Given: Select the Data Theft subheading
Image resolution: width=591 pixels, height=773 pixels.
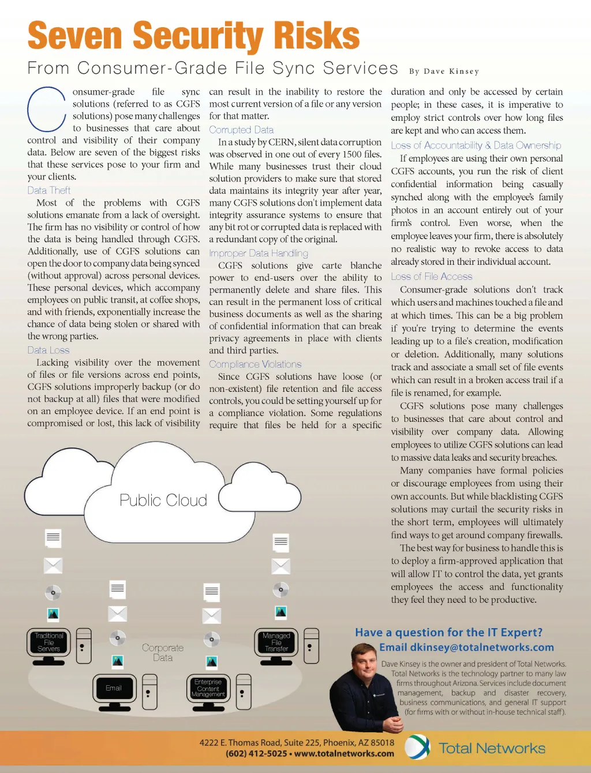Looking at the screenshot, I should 49,191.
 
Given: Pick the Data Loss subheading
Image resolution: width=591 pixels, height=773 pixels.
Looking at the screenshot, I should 48,350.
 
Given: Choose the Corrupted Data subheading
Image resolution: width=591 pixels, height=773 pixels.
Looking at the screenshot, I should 241,130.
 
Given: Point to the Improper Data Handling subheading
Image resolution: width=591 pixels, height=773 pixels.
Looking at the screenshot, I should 259,253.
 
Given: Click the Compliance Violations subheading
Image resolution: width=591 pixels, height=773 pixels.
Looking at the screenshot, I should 255,364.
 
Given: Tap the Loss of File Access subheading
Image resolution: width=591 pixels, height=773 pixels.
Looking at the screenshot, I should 432,277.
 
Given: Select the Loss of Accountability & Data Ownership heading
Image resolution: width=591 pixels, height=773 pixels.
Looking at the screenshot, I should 476,145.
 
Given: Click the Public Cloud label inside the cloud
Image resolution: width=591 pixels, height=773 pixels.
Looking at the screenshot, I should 163,500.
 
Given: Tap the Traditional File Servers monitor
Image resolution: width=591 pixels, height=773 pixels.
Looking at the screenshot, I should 49,643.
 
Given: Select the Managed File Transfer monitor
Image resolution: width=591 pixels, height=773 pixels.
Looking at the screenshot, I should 276,643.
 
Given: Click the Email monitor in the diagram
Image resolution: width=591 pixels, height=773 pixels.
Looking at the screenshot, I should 114,688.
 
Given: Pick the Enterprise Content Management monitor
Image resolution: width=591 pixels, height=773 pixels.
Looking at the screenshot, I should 208,688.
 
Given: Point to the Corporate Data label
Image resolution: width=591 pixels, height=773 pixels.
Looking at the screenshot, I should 163,653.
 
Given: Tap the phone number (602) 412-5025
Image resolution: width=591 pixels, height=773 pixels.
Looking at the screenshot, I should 256,753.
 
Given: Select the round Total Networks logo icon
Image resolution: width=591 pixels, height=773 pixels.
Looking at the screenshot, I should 417,747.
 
